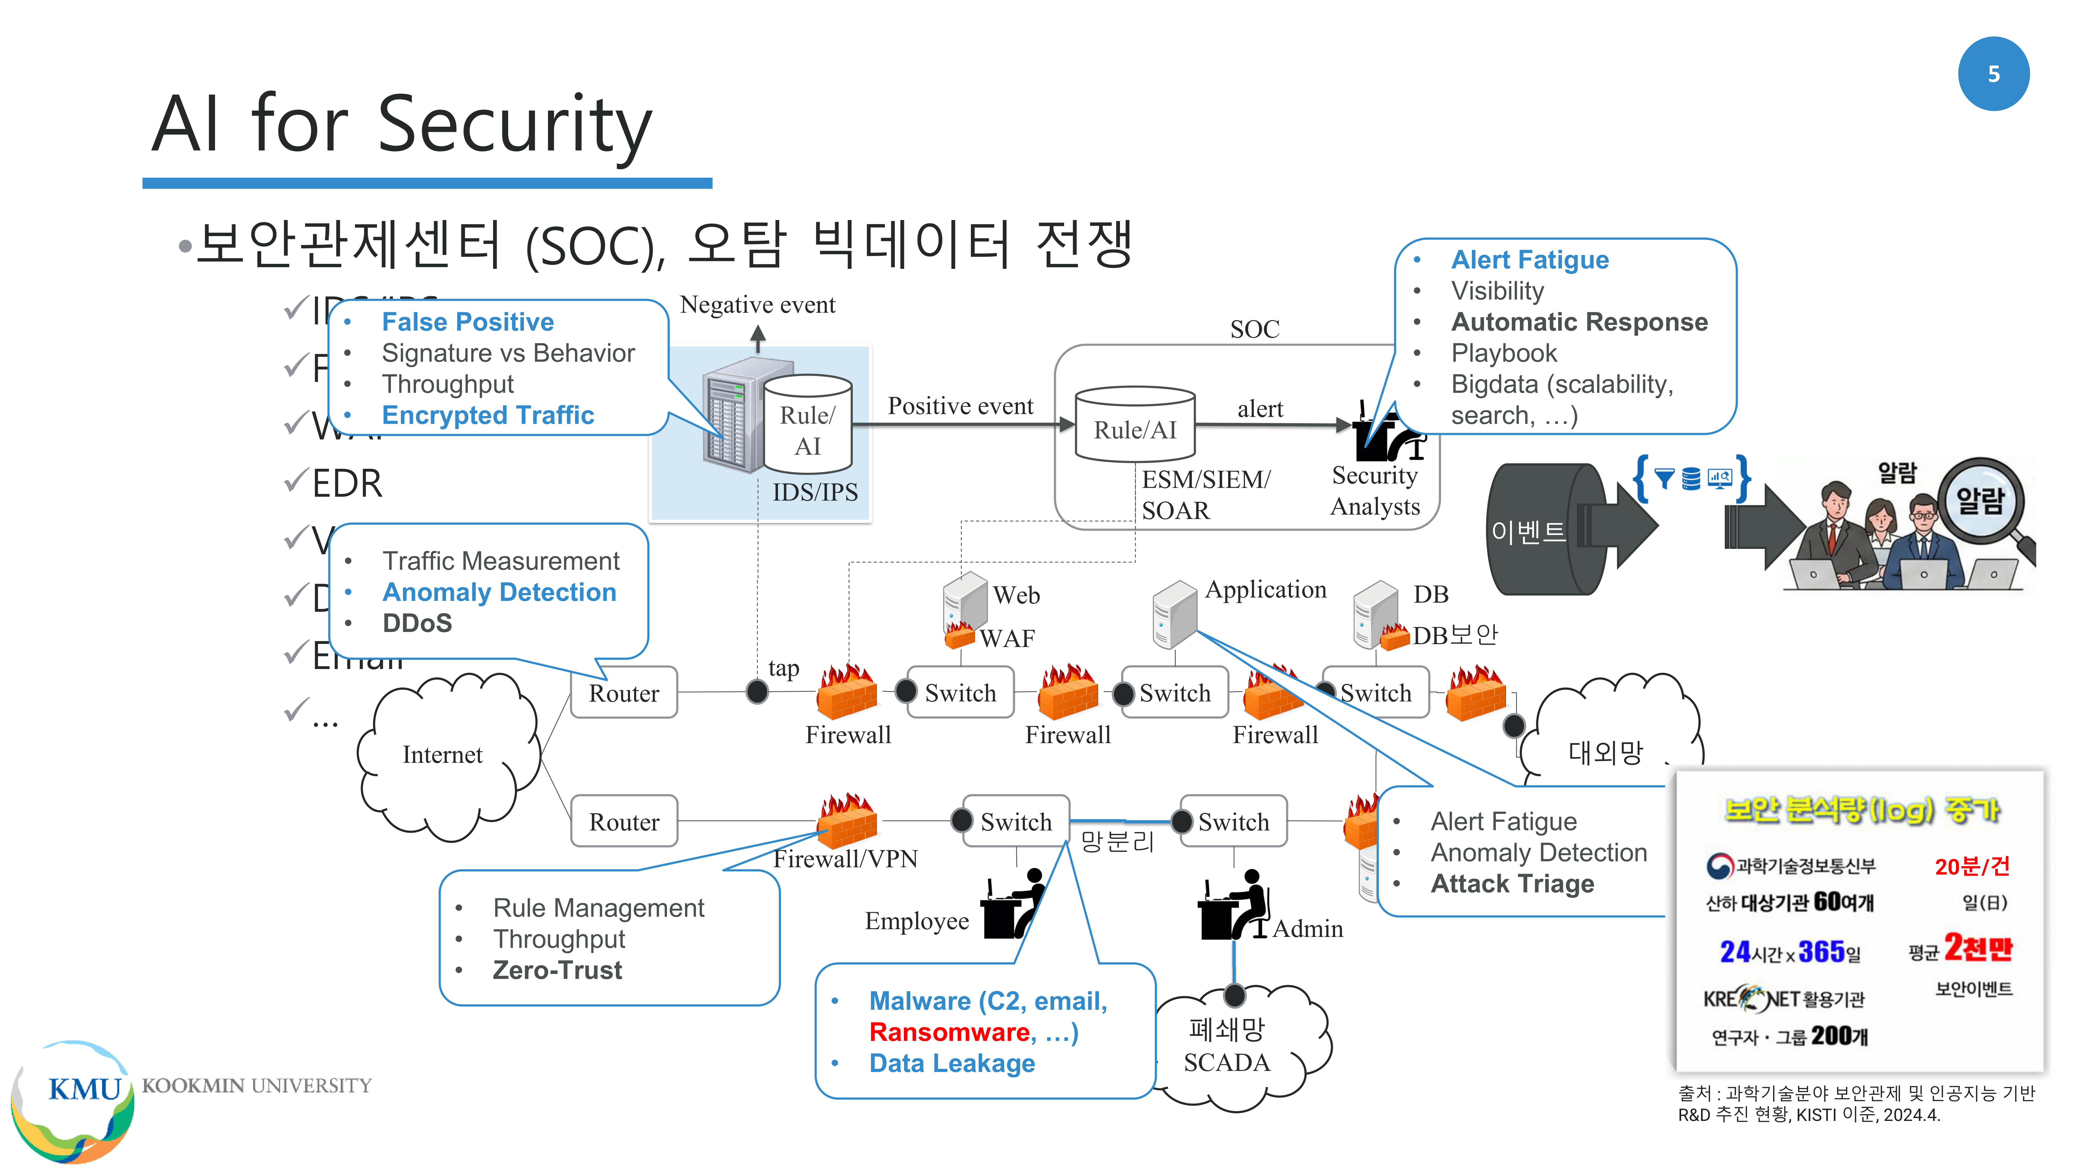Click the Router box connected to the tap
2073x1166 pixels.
624,693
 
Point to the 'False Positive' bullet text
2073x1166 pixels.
467,322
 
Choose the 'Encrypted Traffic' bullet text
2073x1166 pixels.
488,415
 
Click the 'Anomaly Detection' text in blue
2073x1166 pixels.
499,592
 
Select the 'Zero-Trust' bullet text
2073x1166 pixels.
557,970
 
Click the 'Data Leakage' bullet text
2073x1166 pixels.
952,1064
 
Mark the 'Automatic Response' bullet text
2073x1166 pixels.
1579,322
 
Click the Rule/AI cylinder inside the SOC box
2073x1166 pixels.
1135,426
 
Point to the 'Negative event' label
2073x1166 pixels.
757,305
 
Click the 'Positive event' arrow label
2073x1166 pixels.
960,406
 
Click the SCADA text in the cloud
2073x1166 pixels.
1226,1063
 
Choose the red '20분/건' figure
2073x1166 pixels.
1972,867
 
